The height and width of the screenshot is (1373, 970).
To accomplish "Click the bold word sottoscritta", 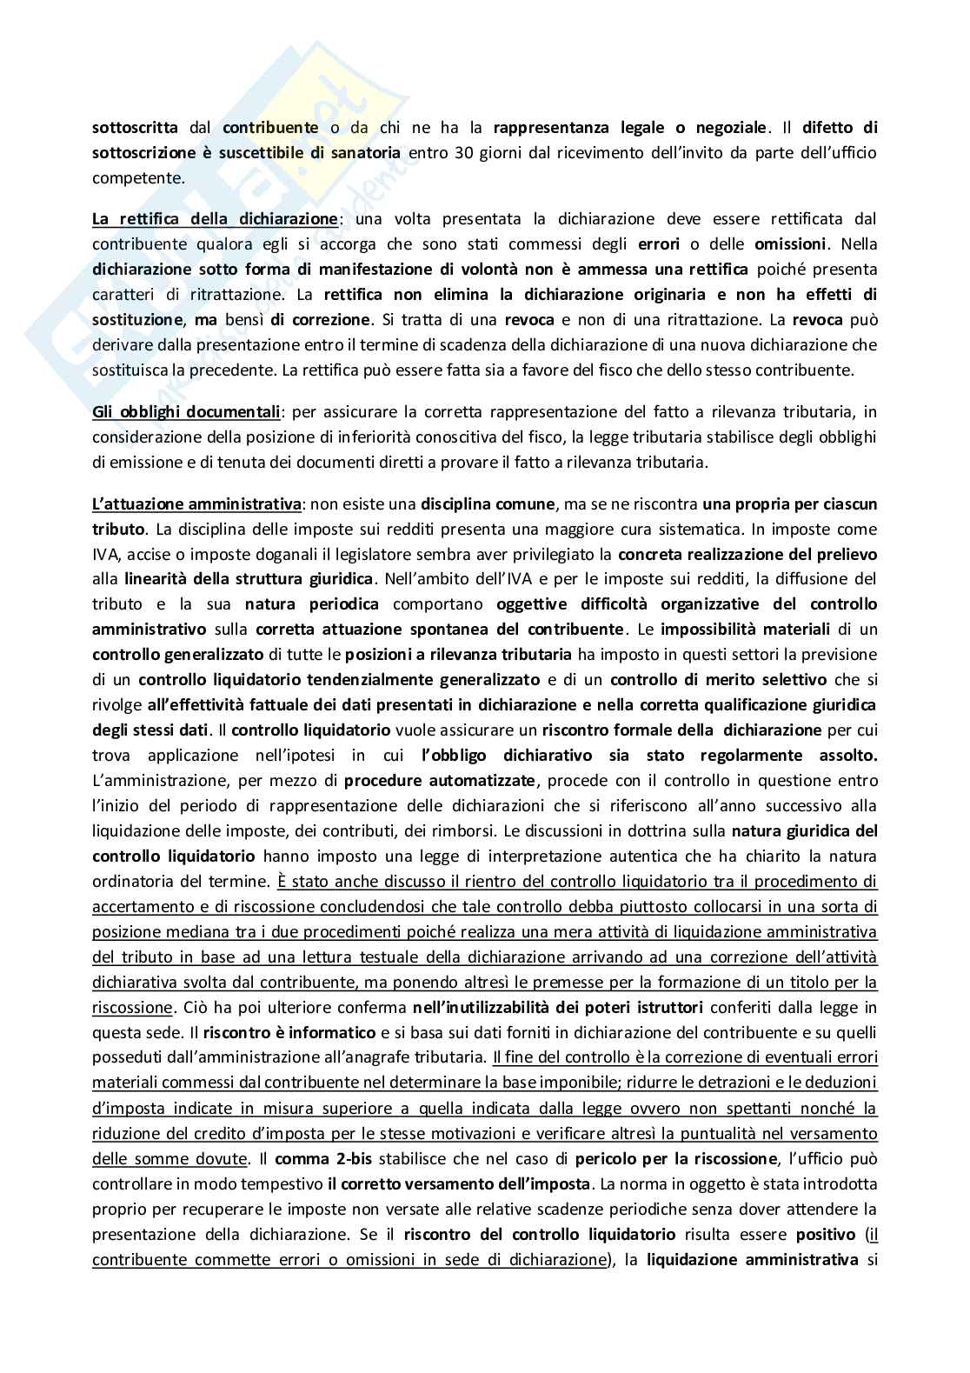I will (135, 128).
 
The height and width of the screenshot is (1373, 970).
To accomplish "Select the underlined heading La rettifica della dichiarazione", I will (215, 218).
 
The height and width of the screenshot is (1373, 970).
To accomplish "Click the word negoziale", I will (729, 128).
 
